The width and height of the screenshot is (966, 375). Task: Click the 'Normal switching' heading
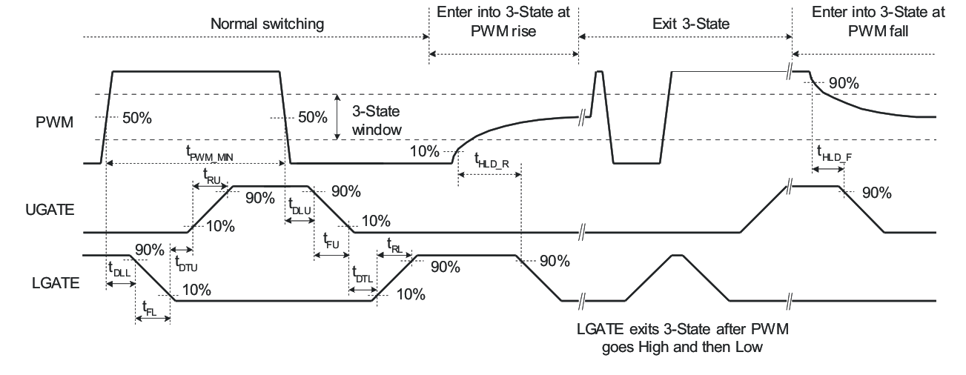pyautogui.click(x=267, y=24)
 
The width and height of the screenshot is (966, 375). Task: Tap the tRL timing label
pyautogui.click(x=395, y=244)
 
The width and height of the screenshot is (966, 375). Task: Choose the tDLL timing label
pyautogui.click(x=119, y=270)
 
